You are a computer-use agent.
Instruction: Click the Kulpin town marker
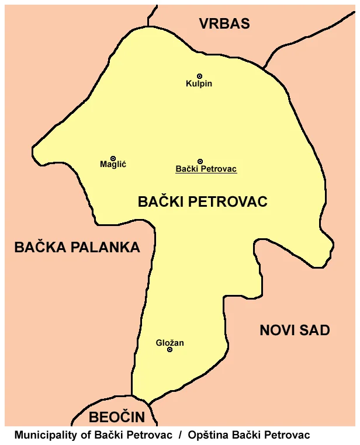click(x=199, y=76)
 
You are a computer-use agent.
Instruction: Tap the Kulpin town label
click(x=199, y=84)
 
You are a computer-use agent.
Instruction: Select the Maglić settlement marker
click(x=113, y=158)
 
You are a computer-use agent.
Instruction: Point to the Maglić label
click(x=113, y=165)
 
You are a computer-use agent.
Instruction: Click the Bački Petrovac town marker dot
click(x=200, y=161)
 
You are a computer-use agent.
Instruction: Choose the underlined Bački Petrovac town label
click(x=206, y=169)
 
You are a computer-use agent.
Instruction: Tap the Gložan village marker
click(x=170, y=350)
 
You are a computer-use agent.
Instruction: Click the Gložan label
click(x=170, y=343)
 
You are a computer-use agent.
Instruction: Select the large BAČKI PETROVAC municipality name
click(x=202, y=202)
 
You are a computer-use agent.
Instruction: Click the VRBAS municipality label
click(x=224, y=24)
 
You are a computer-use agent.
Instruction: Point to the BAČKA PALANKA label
click(x=77, y=248)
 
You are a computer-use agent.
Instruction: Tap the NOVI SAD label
click(x=295, y=331)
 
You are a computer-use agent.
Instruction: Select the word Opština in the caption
click(x=207, y=435)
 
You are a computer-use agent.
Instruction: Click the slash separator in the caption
click(x=181, y=435)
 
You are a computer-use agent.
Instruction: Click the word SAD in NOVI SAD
click(x=316, y=331)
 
